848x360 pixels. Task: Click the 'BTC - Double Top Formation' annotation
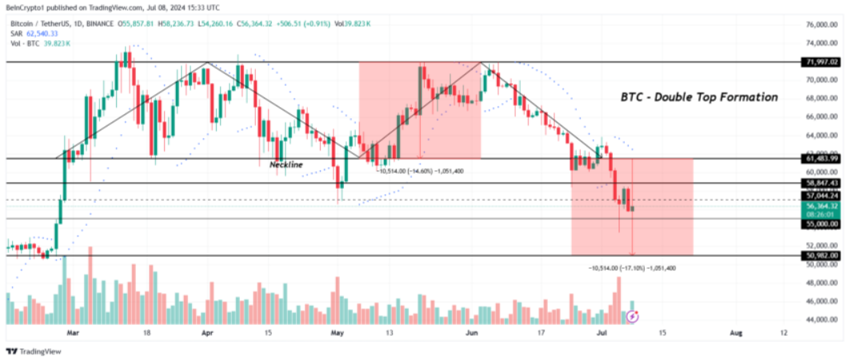[699, 97]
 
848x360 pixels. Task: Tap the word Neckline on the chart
[286, 164]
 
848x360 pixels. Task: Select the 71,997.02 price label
[822, 62]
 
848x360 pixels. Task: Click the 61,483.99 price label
[822, 158]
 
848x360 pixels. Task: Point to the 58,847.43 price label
[822, 183]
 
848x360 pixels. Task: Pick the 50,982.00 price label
[822, 255]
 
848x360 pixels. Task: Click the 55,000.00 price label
[822, 225]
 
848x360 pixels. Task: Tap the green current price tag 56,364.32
[822, 206]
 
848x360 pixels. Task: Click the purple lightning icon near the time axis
[633, 318]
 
